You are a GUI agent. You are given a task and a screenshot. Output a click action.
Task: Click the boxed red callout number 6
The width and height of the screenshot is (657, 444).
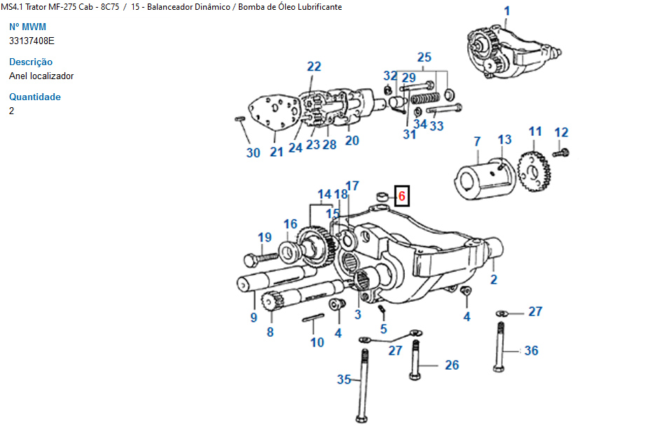tap(401, 196)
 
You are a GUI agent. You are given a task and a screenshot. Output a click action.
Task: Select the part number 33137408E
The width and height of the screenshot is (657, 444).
tap(32, 41)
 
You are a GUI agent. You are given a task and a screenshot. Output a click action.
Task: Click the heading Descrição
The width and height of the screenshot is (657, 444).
tap(31, 62)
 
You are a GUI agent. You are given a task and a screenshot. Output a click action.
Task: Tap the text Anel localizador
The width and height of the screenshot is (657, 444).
tap(41, 76)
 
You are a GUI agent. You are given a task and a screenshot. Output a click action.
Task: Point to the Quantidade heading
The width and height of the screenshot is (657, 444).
tap(35, 97)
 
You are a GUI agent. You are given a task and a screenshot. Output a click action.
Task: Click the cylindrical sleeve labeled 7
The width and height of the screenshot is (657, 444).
tap(484, 174)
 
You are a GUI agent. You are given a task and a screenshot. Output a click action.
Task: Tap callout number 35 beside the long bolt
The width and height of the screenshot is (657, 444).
tap(343, 380)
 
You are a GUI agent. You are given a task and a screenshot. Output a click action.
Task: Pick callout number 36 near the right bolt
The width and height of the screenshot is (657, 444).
tap(532, 350)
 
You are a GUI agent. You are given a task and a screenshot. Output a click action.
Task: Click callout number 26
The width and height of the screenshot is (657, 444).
tap(452, 365)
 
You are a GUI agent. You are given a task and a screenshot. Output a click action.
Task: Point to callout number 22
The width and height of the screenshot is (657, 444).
tap(314, 67)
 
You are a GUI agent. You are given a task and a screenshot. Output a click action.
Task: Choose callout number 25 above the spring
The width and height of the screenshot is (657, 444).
tap(424, 57)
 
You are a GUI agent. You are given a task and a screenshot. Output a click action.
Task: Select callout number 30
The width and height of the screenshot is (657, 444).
tap(253, 152)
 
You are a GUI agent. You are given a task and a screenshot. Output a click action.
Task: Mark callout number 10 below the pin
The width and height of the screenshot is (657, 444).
tap(317, 342)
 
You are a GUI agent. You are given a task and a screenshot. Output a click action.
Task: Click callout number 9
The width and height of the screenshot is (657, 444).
tap(254, 317)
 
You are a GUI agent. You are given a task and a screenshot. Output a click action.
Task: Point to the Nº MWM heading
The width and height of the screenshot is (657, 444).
tap(27, 27)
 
